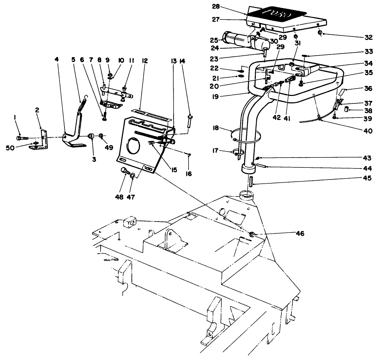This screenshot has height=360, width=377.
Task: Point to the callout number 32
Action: click(x=368, y=37)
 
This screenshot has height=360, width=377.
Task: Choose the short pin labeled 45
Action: click(x=251, y=182)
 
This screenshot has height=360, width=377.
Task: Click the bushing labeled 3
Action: click(x=91, y=137)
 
